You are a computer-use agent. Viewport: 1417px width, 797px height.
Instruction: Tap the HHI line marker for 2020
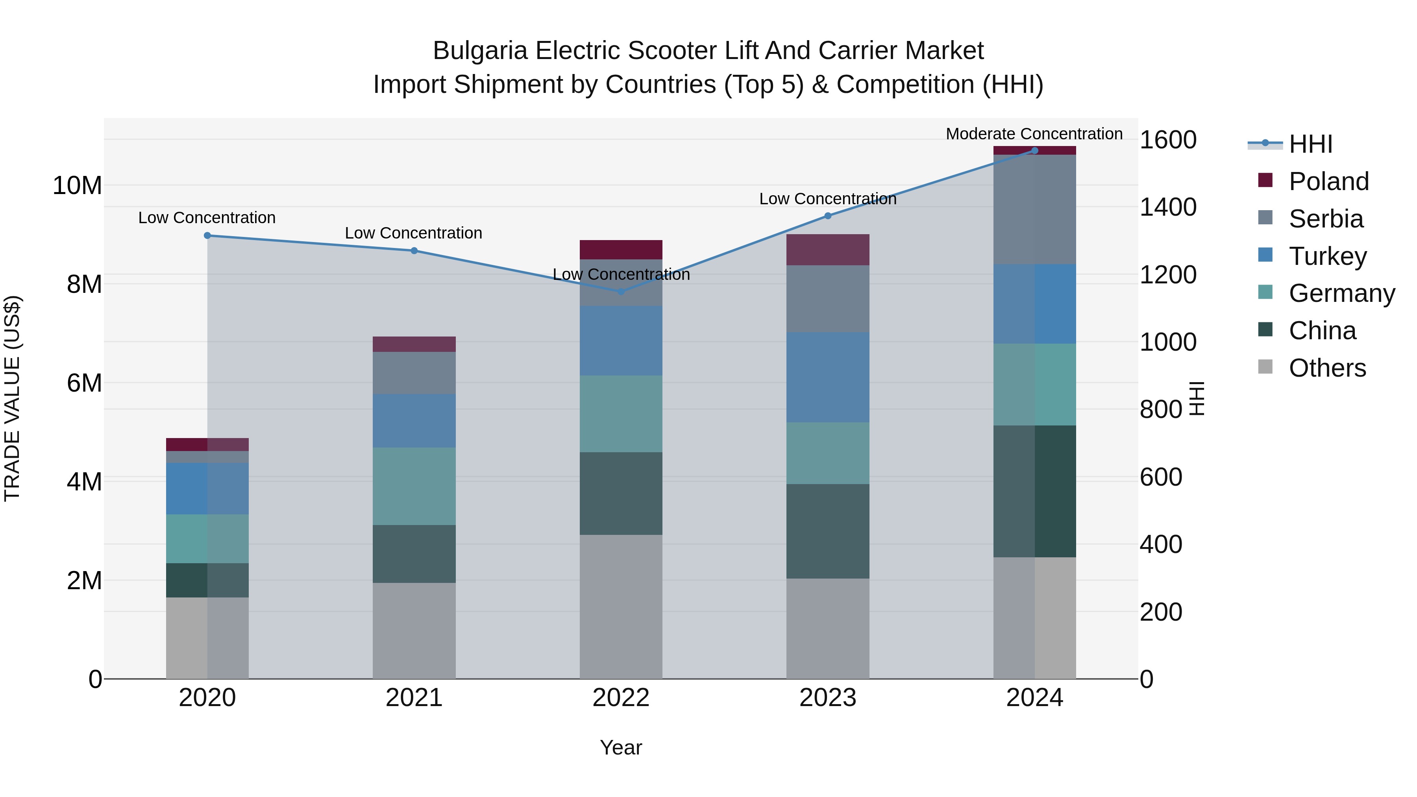click(x=207, y=235)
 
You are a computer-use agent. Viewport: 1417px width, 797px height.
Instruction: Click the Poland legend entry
click(x=1328, y=181)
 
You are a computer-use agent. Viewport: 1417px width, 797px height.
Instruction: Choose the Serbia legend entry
click(x=1326, y=219)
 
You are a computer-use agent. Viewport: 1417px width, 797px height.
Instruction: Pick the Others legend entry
click(x=1327, y=368)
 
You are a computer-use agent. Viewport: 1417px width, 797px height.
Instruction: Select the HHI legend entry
click(x=1310, y=144)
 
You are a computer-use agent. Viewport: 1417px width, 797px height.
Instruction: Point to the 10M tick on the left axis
click(x=77, y=185)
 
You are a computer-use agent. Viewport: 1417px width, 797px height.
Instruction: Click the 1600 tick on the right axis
click(x=1167, y=140)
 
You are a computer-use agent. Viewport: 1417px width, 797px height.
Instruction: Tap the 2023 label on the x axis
click(x=827, y=698)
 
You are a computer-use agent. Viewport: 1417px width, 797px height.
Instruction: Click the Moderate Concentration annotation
click(x=1034, y=134)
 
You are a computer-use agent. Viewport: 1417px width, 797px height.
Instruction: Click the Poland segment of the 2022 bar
click(x=621, y=250)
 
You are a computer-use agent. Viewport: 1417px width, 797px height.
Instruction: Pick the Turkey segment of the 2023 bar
click(x=827, y=377)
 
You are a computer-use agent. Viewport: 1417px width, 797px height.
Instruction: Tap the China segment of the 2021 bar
click(x=414, y=554)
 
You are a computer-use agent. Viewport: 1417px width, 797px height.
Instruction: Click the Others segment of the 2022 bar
click(x=621, y=607)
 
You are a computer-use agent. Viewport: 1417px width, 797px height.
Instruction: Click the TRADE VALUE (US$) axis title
click(x=12, y=398)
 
